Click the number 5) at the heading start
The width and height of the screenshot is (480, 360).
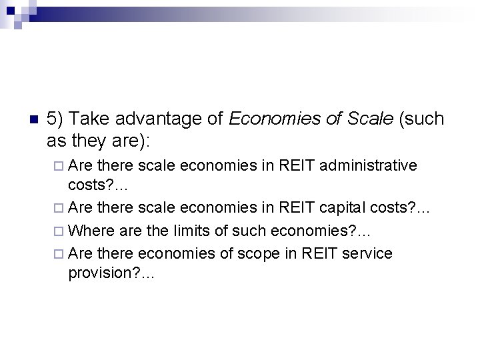[x=56, y=120]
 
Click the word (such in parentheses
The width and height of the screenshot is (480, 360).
[x=422, y=120]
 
